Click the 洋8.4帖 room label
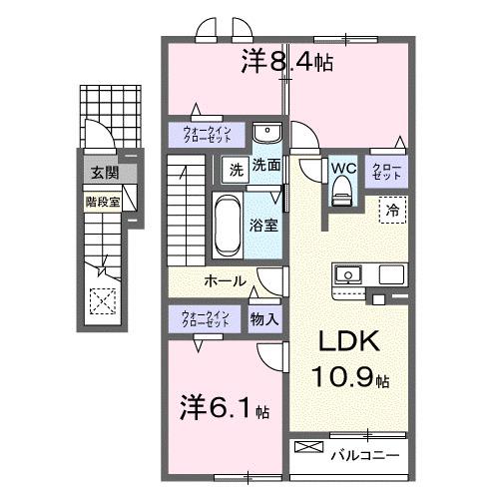click(x=286, y=63)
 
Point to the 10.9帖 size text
click(x=355, y=379)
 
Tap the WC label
click(x=342, y=167)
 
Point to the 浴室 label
click(x=264, y=226)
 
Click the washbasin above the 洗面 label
click(x=266, y=135)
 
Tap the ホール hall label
click(x=226, y=281)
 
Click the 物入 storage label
click(x=264, y=319)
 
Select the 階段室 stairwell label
click(x=102, y=200)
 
